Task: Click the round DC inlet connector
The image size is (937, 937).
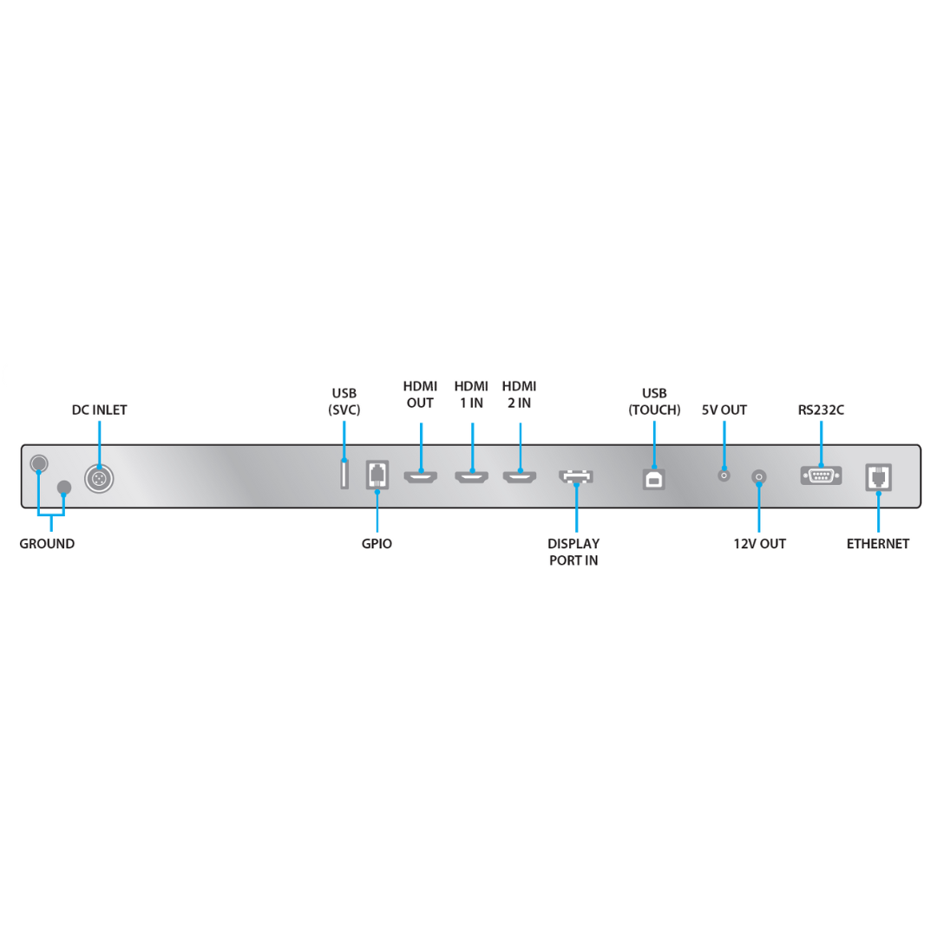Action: [x=99, y=479]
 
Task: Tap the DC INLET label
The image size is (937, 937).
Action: [x=99, y=410]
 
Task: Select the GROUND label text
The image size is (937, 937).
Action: [x=47, y=544]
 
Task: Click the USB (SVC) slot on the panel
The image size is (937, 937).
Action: [x=344, y=474]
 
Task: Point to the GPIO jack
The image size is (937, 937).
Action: [x=377, y=475]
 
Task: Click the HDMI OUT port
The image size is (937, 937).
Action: [x=421, y=477]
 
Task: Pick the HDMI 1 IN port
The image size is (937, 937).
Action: [x=471, y=477]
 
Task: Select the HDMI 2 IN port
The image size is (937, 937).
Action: [x=520, y=477]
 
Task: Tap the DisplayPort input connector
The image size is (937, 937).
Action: [x=576, y=476]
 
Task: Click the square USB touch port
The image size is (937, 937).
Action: [x=654, y=479]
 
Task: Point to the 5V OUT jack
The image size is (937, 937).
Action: [x=724, y=475]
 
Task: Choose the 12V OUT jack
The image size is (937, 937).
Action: [x=759, y=477]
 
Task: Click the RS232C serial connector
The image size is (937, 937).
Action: [x=821, y=475]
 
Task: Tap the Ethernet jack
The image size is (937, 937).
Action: [x=878, y=477]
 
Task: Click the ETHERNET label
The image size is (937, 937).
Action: [x=878, y=544]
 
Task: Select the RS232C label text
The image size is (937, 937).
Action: [x=821, y=410]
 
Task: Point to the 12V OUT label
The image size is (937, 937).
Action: [x=759, y=544]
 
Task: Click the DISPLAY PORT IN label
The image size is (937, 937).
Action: [x=573, y=552]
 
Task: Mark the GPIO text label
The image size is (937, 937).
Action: [x=377, y=544]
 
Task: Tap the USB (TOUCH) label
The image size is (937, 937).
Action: [x=654, y=402]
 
